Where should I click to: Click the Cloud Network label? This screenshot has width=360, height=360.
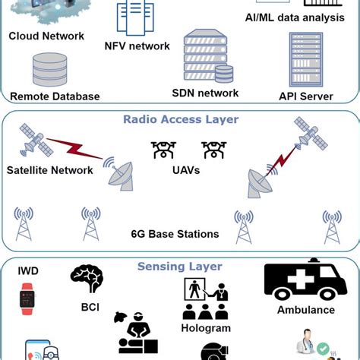pyautogui.click(x=46, y=36)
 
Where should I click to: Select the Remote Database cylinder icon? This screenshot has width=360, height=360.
pyautogui.click(x=50, y=71)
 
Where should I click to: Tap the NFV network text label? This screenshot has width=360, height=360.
pyautogui.click(x=137, y=46)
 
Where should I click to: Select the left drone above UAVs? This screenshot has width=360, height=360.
pyautogui.click(x=163, y=149)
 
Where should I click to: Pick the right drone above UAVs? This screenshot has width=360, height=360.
pyautogui.click(x=213, y=149)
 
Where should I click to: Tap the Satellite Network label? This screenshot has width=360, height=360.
pyautogui.click(x=49, y=170)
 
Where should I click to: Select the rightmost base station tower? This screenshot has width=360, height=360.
pyautogui.click(x=331, y=226)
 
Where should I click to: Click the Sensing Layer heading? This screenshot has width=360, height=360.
pyautogui.click(x=179, y=267)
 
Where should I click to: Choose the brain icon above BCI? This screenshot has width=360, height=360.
pyautogui.click(x=87, y=279)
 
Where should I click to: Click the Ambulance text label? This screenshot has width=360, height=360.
pyautogui.click(x=305, y=310)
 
